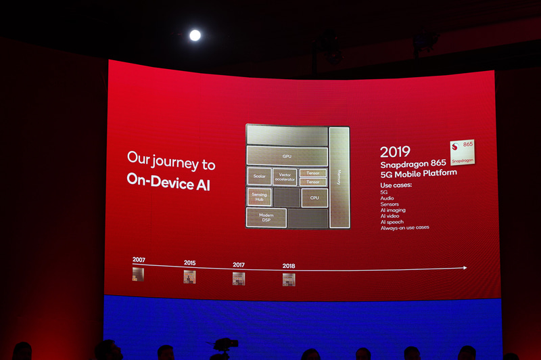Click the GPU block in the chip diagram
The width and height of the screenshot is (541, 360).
pos(287,156)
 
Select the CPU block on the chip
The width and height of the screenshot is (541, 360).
pos(314,198)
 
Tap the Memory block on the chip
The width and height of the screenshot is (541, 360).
pos(339,177)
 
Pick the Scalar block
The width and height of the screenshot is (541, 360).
pos(259,177)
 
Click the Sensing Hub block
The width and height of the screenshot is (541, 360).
pos(259,197)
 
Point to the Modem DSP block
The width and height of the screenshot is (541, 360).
pos(266,218)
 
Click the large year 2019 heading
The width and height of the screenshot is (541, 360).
pos(396,152)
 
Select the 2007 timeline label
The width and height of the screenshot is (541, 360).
pos(139,260)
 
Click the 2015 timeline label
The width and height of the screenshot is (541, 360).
pos(190,263)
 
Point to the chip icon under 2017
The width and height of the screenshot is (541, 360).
pos(239,278)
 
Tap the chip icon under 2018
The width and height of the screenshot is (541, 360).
pos(289,279)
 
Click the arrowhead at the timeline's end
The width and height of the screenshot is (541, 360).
pos(464,268)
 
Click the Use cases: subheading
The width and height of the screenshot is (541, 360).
pos(396,185)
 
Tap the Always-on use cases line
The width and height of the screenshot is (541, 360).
pos(404,228)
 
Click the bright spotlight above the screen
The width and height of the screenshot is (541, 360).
pos(195,35)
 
